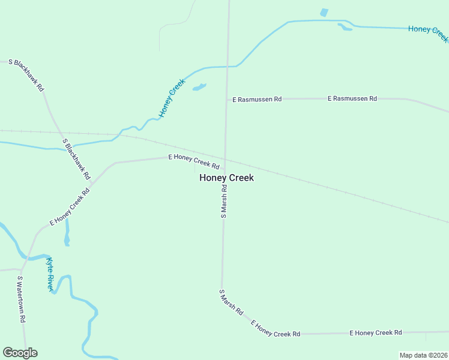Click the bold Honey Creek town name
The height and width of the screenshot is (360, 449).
point(226,178)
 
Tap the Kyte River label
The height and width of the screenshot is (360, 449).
point(50,274)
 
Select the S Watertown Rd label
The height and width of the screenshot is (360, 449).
point(21,299)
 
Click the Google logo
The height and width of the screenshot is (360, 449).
point(20,353)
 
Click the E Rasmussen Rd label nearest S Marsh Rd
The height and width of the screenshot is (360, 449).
point(257,99)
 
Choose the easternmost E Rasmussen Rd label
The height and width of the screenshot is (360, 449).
point(352,98)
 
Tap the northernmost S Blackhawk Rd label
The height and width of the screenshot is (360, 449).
point(26,75)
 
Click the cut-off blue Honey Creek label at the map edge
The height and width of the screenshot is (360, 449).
point(428,33)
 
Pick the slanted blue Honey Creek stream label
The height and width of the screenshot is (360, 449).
point(172,98)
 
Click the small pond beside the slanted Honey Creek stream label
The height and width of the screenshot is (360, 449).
point(199,88)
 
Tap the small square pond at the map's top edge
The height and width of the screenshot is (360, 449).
point(324,13)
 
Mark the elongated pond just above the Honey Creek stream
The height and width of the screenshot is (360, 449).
point(345,27)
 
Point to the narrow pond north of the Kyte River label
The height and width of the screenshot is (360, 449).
point(67,232)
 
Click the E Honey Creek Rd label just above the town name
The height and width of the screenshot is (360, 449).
point(194,161)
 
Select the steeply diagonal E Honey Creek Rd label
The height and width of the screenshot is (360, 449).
point(70,207)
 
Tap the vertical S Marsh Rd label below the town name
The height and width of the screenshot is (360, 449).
point(224,200)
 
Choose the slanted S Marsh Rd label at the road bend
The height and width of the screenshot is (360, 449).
point(231,303)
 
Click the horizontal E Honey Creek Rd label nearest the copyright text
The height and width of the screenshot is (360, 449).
point(376,332)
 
